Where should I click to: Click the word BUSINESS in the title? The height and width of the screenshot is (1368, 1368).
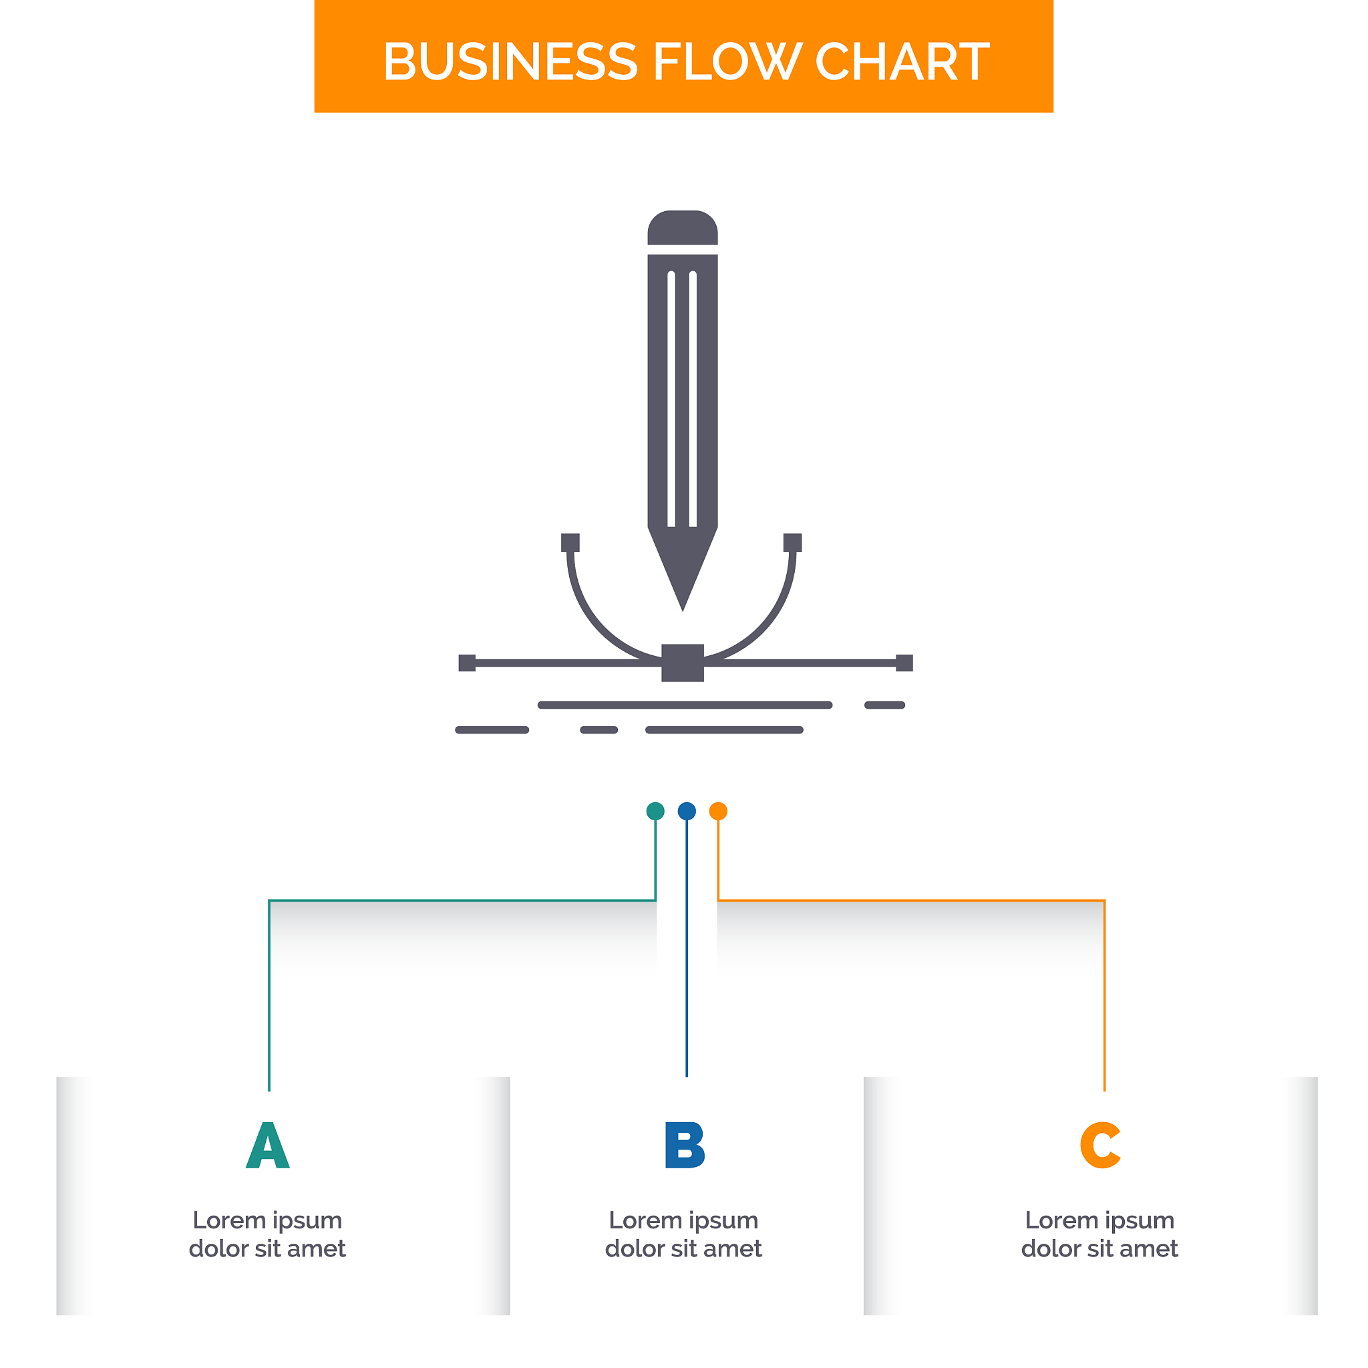click(510, 61)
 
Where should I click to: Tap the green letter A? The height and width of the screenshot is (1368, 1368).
click(268, 1146)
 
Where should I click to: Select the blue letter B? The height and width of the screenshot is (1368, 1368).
click(685, 1146)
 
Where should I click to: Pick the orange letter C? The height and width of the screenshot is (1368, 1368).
click(1099, 1146)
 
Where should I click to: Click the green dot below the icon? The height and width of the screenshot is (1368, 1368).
click(656, 812)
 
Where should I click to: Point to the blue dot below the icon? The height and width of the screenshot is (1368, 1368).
click(687, 812)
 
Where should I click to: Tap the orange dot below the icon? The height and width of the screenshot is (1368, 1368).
click(718, 812)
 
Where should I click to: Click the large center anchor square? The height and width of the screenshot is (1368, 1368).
click(683, 663)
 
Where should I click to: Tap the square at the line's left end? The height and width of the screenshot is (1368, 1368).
click(468, 663)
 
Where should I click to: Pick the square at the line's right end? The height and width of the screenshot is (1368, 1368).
click(904, 663)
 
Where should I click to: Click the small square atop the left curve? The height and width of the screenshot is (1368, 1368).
click(570, 542)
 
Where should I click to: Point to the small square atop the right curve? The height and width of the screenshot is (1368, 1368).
click(792, 542)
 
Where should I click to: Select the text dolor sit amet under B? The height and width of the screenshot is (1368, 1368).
click(684, 1249)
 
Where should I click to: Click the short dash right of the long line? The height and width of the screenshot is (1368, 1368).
click(884, 705)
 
